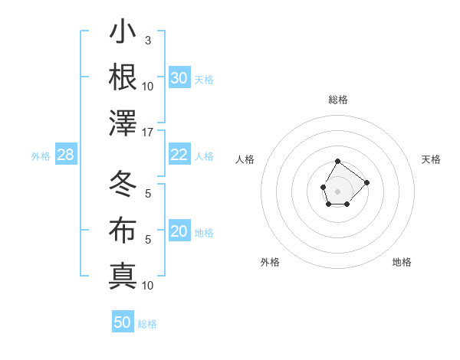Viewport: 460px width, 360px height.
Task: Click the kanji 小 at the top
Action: (x=123, y=34)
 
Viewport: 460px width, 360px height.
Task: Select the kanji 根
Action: (x=123, y=77)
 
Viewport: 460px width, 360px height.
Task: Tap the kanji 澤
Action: (x=123, y=123)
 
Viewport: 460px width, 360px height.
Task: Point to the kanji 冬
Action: (x=123, y=184)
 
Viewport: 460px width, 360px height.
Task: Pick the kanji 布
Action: (x=123, y=230)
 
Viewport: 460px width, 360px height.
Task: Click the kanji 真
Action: (x=123, y=276)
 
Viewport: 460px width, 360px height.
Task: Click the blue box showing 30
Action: (x=179, y=78)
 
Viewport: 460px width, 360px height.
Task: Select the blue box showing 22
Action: (x=179, y=155)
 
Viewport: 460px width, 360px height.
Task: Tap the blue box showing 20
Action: (x=179, y=232)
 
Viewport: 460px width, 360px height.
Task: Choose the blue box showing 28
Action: (x=66, y=155)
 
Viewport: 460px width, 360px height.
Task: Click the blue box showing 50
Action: (x=123, y=322)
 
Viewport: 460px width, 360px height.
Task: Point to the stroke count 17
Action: (x=149, y=133)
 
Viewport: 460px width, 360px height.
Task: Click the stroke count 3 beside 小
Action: (x=148, y=40)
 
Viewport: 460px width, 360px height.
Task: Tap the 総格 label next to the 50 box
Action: (x=147, y=324)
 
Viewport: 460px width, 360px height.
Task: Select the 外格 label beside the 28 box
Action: (x=41, y=156)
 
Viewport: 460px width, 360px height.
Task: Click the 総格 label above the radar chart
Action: (x=338, y=100)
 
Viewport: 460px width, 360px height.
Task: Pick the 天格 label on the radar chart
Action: (x=432, y=159)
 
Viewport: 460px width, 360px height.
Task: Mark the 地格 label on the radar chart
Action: (x=402, y=262)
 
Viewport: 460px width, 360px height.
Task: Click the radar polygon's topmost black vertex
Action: (x=338, y=161)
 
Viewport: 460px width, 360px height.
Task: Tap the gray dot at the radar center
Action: (x=337, y=190)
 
